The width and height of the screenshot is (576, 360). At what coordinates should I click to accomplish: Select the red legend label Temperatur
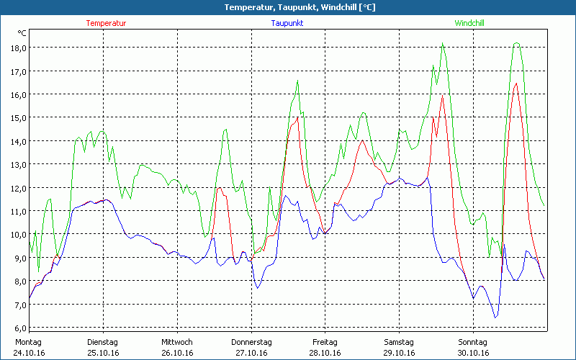(106, 23)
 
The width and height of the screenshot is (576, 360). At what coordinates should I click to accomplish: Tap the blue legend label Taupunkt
(287, 23)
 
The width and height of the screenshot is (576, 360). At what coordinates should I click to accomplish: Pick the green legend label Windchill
(469, 23)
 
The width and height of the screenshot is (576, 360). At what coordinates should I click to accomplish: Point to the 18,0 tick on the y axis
(17, 48)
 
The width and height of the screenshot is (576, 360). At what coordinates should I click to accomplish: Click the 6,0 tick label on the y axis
(17, 328)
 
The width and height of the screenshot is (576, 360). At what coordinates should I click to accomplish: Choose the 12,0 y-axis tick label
(17, 188)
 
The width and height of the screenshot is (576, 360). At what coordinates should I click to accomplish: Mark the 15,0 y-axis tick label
(17, 117)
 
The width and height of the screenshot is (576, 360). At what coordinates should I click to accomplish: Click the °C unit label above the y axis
(22, 33)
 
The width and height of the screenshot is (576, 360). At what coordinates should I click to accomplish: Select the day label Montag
(28, 342)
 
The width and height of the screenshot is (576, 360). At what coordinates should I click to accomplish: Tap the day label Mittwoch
(176, 342)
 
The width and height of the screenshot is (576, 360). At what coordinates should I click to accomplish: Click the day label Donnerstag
(251, 342)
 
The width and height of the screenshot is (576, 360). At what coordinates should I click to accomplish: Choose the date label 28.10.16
(325, 353)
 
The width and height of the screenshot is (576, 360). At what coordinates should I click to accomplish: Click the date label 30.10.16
(473, 353)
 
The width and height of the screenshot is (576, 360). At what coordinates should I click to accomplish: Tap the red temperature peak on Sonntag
(516, 84)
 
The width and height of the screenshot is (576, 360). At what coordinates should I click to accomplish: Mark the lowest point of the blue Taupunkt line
(495, 318)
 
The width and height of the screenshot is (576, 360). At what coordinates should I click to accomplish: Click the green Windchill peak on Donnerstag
(297, 81)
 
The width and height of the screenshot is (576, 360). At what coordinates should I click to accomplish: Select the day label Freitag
(325, 342)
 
